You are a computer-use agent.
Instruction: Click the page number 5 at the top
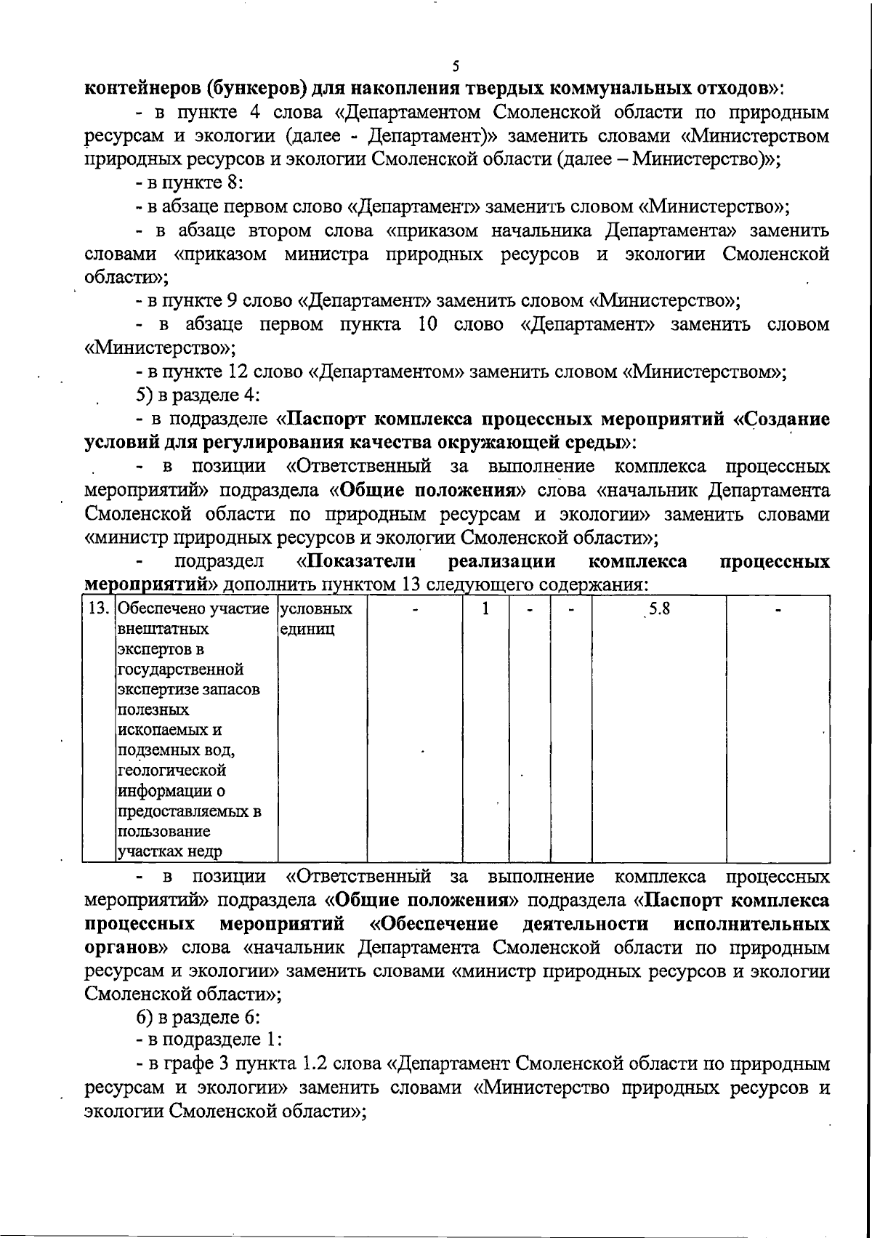[x=456, y=66]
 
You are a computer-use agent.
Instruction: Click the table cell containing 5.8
[x=658, y=609]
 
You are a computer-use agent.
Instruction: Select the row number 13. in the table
[x=98, y=608]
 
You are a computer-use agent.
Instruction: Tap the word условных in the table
[x=316, y=608]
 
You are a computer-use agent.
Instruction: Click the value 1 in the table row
[x=485, y=608]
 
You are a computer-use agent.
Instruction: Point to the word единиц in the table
[x=307, y=629]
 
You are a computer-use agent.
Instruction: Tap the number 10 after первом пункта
[x=429, y=324]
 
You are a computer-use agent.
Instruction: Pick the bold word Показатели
[x=357, y=561]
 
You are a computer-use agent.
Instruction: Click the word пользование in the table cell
[x=164, y=831]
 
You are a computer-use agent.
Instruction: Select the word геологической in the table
[x=171, y=770]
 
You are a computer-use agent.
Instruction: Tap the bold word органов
[x=126, y=947]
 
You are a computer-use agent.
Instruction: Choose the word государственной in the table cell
[x=180, y=670]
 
